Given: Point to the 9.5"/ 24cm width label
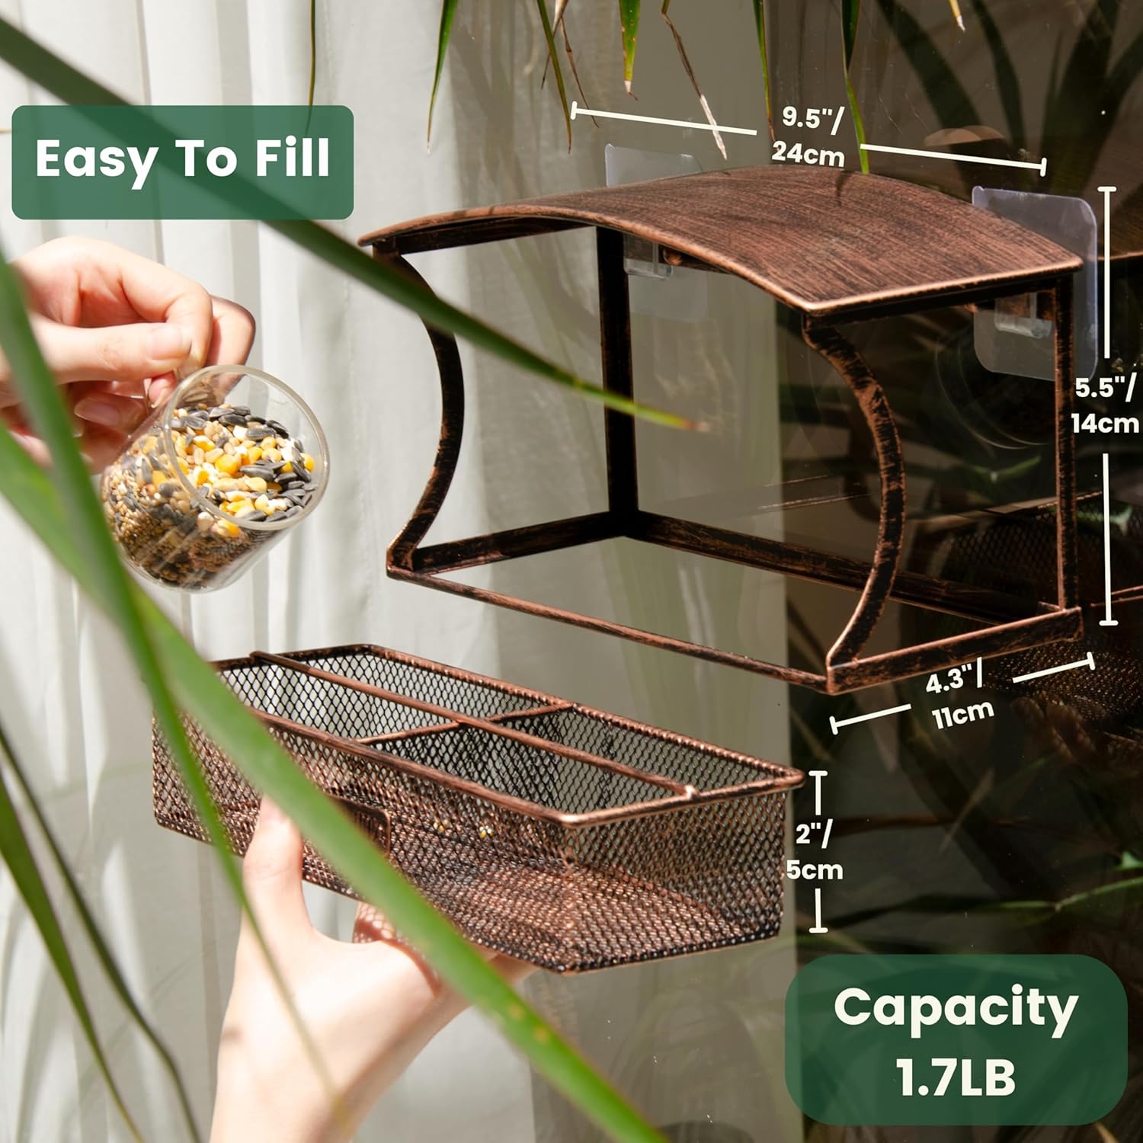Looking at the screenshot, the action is click(x=809, y=136).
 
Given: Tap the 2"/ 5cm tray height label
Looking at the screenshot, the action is click(x=814, y=851).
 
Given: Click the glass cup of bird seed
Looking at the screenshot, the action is click(x=214, y=478).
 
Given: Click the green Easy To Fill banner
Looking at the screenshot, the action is click(x=182, y=162).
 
